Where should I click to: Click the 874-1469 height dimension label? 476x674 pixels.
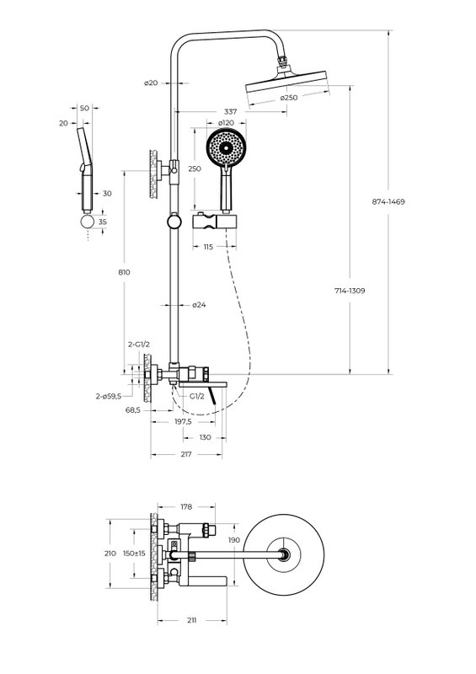tap(388, 201)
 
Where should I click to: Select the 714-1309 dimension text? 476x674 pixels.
tap(350, 291)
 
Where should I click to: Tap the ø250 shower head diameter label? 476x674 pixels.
tap(289, 98)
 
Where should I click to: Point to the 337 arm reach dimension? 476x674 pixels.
tap(231, 112)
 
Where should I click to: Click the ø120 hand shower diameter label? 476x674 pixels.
tap(226, 123)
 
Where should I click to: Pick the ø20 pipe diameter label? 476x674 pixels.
tap(151, 83)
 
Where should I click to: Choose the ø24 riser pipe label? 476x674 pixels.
tap(199, 305)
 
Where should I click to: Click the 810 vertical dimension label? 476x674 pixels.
tap(124, 272)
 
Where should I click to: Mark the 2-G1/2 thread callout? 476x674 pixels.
tap(139, 345)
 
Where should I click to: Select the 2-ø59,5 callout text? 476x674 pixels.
tap(109, 396)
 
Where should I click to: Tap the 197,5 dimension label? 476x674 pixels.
tap(183, 422)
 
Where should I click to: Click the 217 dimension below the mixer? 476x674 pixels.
tap(185, 454)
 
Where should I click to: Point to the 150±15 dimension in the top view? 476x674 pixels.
tap(134, 554)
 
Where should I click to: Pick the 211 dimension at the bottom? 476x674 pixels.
tap(192, 620)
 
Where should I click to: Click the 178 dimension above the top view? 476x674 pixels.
tap(186, 507)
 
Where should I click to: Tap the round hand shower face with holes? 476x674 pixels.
tap(226, 147)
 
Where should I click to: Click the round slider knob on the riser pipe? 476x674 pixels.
tap(174, 222)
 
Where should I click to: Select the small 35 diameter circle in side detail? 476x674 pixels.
tap(88, 222)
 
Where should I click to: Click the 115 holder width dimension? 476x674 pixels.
tap(208, 247)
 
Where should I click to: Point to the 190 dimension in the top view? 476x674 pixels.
tap(234, 540)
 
